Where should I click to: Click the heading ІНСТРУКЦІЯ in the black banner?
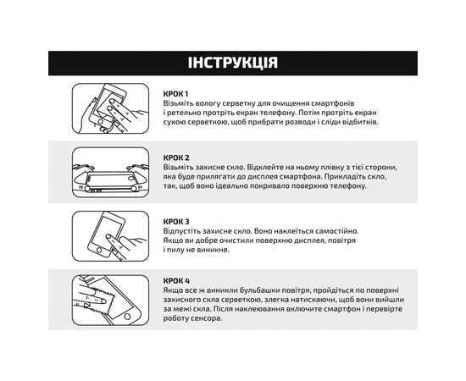[x=232, y=63]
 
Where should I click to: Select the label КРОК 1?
[x=176, y=93]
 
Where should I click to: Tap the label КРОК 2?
[x=176, y=157]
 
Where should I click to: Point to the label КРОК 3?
[x=176, y=220]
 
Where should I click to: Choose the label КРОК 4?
[x=176, y=280]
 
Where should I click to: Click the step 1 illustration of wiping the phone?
[x=111, y=108]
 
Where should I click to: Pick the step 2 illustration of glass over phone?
[x=111, y=172]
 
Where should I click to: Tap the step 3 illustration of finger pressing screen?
[x=111, y=235]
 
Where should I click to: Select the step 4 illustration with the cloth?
[x=111, y=301]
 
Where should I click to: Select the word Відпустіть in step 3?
[x=185, y=230]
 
